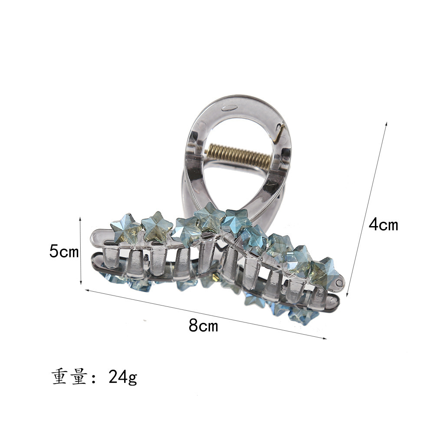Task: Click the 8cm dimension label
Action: click(204, 325)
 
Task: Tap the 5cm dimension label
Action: click(64, 251)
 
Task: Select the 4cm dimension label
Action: click(383, 224)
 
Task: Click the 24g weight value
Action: click(123, 377)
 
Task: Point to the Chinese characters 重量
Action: click(69, 376)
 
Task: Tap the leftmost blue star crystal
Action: click(126, 228)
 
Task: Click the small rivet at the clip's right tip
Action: click(339, 283)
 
